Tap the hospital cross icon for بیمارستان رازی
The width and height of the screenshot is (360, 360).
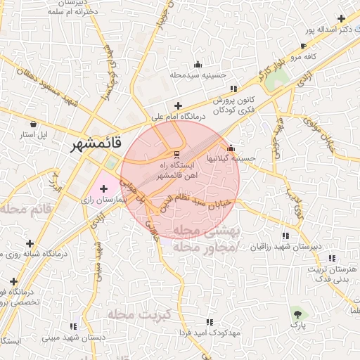pyautogui.click(x=104, y=188)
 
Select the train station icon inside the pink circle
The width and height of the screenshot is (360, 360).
pyautogui.click(x=177, y=154)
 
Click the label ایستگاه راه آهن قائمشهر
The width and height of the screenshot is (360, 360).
pyautogui.click(x=177, y=168)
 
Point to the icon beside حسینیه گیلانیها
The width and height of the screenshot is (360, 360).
pyautogui.click(x=231, y=148)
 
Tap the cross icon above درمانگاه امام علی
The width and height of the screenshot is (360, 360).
pyautogui.click(x=179, y=105)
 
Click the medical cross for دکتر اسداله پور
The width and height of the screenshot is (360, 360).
pyautogui.click(x=341, y=18)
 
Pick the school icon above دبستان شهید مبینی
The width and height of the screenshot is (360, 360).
pyautogui.click(x=73, y=327)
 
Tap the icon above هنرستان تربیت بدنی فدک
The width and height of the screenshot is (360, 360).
pyautogui.click(x=332, y=258)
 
